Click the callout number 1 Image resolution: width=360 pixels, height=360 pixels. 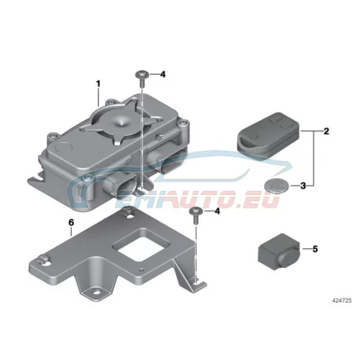point(98,84)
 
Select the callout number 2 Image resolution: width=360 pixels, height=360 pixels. point(326,131)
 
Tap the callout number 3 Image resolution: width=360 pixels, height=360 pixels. point(303,186)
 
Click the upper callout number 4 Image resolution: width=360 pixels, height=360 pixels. point(163,75)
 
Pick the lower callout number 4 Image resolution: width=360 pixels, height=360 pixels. point(217,211)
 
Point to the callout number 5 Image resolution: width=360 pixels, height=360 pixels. point(315,248)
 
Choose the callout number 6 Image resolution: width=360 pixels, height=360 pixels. point(72,222)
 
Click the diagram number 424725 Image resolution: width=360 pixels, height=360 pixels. point(342,300)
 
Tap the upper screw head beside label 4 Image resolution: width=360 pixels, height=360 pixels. point(142,74)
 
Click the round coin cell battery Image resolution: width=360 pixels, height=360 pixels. point(277,186)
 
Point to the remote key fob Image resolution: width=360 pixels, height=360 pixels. point(269,135)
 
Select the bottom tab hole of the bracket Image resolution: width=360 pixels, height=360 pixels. point(97,292)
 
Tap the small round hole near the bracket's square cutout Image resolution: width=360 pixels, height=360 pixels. point(141,270)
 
